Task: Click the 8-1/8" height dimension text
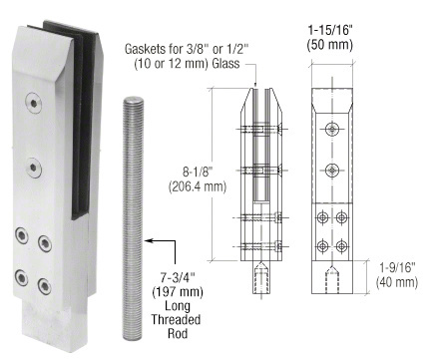[x=198, y=173]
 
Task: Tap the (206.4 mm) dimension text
[x=198, y=186]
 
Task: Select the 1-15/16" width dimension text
[x=330, y=30]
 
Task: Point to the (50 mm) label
[x=330, y=45]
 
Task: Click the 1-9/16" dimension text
[x=398, y=267]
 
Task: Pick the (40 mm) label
[x=397, y=282]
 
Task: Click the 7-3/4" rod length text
[x=178, y=277]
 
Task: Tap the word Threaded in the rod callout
[x=176, y=319]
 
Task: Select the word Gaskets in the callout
[x=146, y=49]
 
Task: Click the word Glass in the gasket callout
[x=225, y=63]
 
